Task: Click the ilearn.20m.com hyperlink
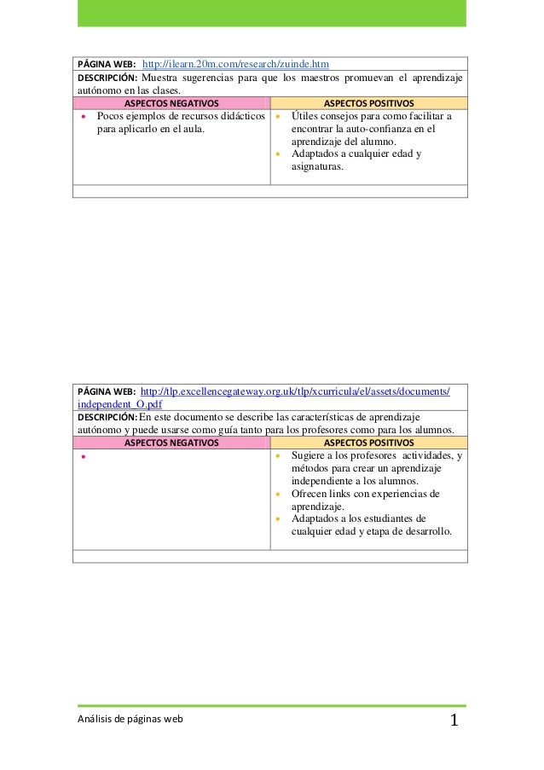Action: [235, 64]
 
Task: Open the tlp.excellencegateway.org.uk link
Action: [294, 391]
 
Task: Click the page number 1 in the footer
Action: [454, 722]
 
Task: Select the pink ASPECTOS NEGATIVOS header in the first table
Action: [171, 103]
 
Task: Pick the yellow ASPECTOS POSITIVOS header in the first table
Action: [368, 103]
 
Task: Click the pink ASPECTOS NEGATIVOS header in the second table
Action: [171, 443]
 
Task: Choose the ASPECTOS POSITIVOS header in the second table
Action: [368, 443]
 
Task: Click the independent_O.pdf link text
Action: [119, 404]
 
